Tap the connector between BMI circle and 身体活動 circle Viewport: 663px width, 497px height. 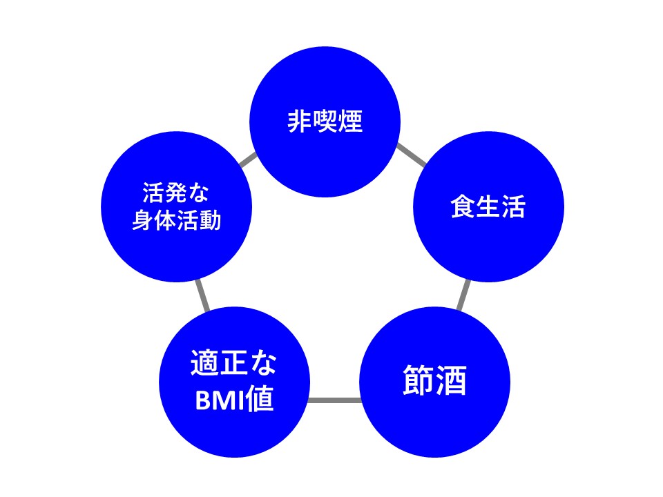pos(202,295)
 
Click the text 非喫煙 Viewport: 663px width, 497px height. pos(325,122)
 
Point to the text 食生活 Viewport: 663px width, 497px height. pos(488,207)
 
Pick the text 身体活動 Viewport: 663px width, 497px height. pos(176,220)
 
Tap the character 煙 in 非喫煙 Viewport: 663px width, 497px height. pos(350,122)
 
